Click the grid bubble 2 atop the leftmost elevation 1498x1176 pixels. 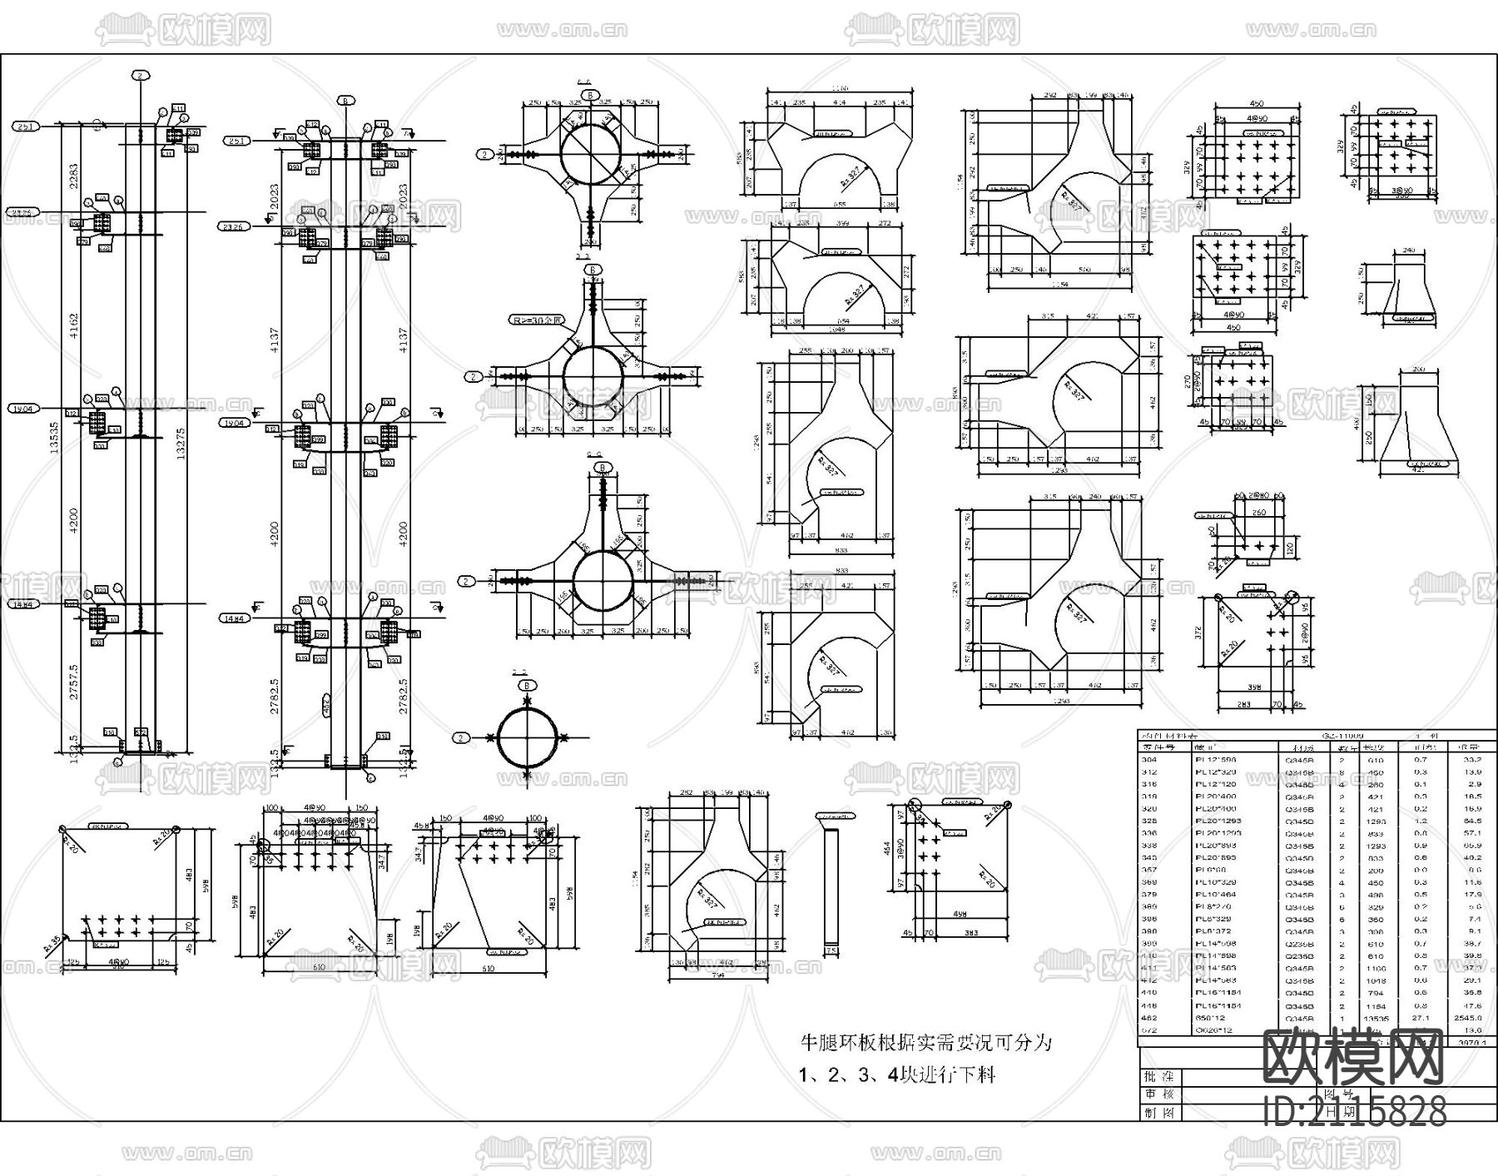(x=141, y=75)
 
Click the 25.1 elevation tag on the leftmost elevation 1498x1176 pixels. (x=24, y=127)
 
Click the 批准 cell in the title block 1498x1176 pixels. (x=1153, y=1076)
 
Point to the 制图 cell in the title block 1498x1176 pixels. (x=1153, y=1111)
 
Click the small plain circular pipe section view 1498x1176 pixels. (x=527, y=737)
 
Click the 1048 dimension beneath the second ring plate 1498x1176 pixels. (x=836, y=330)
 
